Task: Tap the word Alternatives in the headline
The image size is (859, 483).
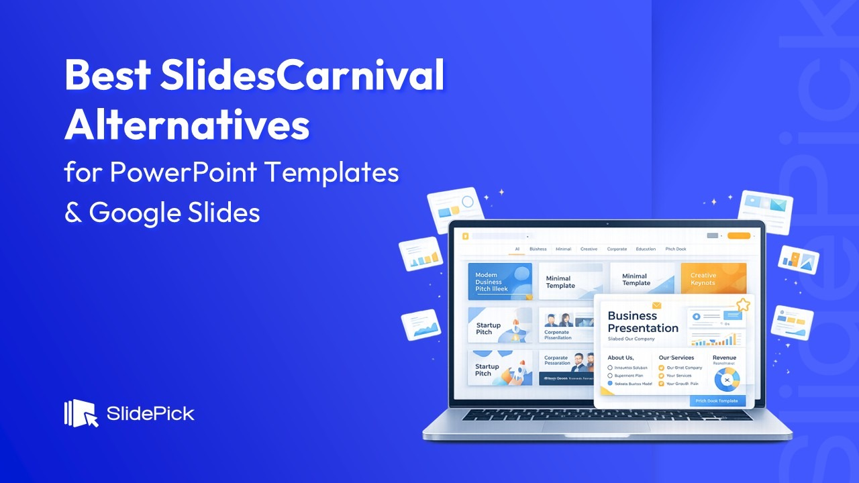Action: pos(187,125)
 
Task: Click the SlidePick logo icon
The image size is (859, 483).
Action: pos(81,413)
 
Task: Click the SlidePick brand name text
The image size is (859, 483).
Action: pos(150,413)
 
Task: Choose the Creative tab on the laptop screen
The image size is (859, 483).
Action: pos(589,249)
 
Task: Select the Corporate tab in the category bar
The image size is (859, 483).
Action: pos(617,249)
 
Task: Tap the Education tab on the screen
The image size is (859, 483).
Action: pos(646,249)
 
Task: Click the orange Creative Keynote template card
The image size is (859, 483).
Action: pos(713,280)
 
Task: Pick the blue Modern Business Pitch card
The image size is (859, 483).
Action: pos(500,281)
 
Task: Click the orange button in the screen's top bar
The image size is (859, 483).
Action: pos(738,236)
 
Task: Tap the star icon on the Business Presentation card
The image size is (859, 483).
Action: pos(743,305)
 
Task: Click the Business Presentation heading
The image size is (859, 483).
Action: pos(643,322)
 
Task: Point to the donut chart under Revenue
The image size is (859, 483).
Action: pos(726,380)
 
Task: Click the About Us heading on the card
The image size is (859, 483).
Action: pos(620,358)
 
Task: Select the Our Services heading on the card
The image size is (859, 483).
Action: pos(676,358)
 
